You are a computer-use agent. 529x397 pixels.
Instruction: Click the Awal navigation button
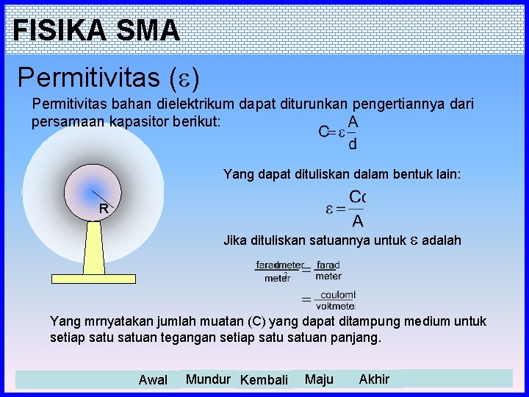(x=153, y=380)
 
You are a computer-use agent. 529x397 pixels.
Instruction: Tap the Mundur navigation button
(x=208, y=379)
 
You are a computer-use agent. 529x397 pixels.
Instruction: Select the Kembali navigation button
(x=264, y=380)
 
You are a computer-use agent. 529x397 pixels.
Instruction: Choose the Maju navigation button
(x=319, y=379)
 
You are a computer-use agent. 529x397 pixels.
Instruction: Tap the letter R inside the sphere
(x=104, y=209)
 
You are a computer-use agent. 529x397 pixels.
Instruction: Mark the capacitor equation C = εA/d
(x=339, y=132)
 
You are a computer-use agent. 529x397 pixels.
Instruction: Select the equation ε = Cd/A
(x=345, y=209)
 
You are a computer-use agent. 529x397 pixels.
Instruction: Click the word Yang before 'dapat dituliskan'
(x=237, y=174)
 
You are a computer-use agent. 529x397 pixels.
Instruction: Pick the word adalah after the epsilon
(x=442, y=240)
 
